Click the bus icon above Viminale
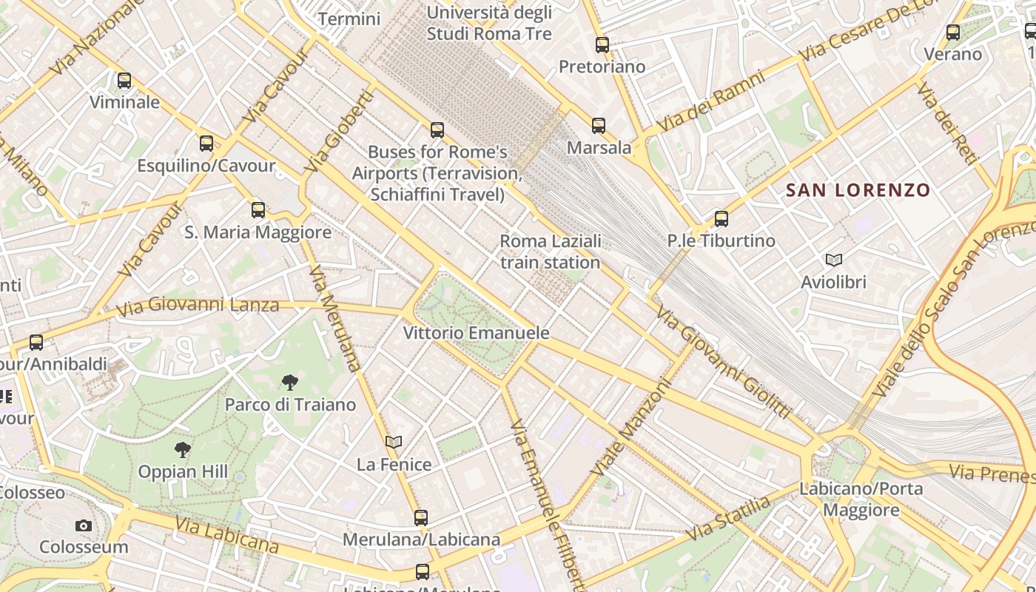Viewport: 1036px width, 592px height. point(124,81)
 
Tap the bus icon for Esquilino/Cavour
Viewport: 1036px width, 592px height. point(206,144)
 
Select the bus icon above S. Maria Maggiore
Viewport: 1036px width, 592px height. point(258,210)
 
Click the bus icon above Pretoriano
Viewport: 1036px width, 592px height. point(602,45)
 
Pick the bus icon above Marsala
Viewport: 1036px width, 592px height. point(599,126)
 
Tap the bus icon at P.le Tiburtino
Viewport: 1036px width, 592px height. point(721,219)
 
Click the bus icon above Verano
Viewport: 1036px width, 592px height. point(953,33)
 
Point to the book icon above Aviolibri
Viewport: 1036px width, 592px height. point(834,260)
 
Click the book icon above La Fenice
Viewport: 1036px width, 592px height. point(394,443)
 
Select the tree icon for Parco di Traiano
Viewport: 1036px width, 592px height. point(290,383)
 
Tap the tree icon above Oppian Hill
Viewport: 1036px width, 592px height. point(183,449)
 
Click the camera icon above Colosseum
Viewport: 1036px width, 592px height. point(84,525)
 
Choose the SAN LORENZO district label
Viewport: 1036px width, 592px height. point(858,190)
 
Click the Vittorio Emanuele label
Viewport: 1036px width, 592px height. point(476,333)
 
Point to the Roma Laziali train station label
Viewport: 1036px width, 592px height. point(550,252)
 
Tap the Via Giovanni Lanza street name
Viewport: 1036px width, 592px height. point(198,305)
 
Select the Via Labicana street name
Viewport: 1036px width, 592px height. point(226,535)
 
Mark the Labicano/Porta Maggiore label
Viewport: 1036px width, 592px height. point(861,499)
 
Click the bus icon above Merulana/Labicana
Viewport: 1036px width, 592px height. point(421,518)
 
